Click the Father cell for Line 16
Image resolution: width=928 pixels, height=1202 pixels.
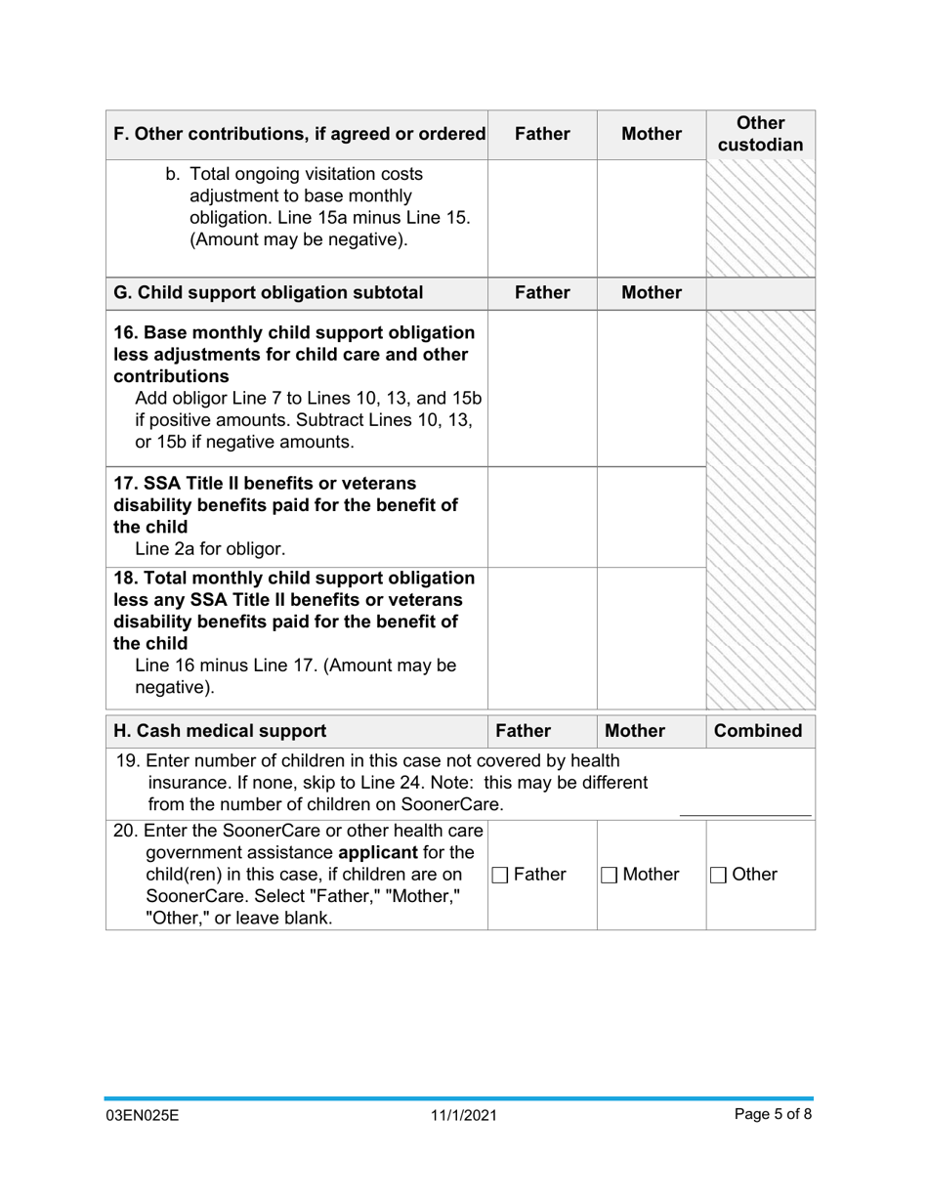(542, 388)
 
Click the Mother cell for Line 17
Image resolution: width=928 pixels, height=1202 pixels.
(652, 513)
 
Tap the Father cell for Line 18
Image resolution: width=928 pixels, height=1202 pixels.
(542, 635)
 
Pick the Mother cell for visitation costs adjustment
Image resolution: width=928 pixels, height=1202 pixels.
(652, 217)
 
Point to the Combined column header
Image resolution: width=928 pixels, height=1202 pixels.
(760, 731)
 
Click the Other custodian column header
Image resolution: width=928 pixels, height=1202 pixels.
(760, 135)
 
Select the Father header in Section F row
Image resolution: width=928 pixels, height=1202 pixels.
(542, 135)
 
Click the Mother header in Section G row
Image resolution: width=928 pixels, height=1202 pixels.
(652, 292)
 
